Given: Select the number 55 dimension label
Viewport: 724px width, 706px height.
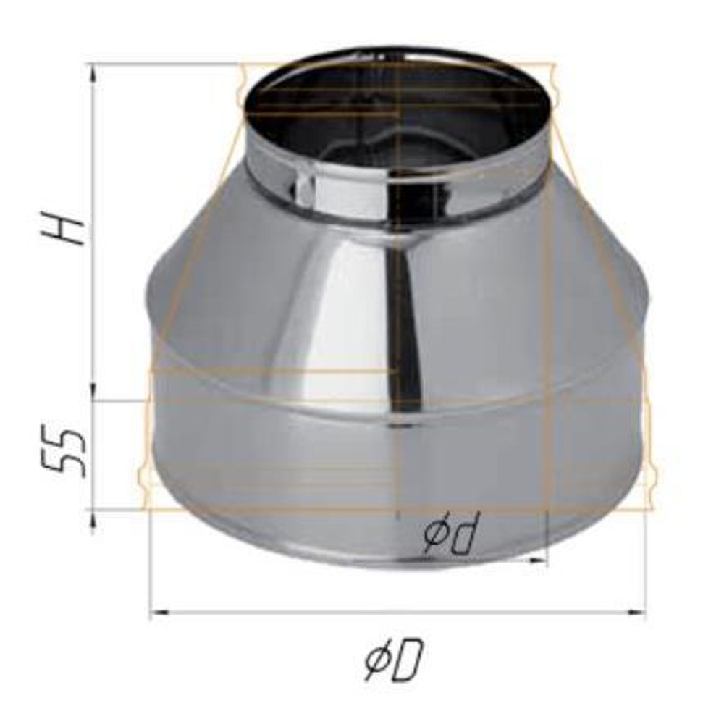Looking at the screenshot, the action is pos(64,453).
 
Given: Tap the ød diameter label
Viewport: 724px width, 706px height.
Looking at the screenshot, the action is pos(452,534).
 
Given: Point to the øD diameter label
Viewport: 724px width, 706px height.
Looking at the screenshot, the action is pos(394,659).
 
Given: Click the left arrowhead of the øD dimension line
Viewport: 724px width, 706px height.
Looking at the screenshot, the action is pos(160,613).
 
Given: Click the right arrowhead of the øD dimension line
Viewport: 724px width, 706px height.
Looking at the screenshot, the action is pos(637,613).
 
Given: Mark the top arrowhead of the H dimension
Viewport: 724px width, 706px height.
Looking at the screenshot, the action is pos(93,72).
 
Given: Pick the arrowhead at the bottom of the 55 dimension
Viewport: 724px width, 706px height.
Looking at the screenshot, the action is pos(93,518).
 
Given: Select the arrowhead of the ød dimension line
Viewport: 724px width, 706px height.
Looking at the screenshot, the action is pos(537,560).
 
